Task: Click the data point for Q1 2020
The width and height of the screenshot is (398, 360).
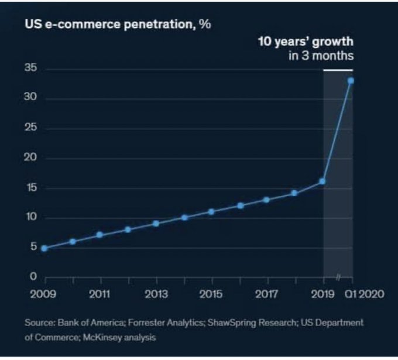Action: [x=351, y=81]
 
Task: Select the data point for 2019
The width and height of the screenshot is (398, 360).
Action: [x=322, y=181]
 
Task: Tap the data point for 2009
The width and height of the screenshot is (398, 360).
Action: [x=44, y=248]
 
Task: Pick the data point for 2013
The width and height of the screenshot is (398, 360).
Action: [x=156, y=224]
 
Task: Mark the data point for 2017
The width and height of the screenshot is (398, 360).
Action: [x=266, y=200]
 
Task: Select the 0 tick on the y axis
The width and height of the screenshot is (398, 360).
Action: [x=33, y=276]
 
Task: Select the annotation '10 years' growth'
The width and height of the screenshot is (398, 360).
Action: [x=306, y=43]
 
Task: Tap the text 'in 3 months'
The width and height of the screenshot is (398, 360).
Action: [x=320, y=56]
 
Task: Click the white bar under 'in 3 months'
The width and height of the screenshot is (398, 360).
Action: [x=338, y=70]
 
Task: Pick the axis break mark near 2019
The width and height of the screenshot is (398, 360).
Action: [x=338, y=276]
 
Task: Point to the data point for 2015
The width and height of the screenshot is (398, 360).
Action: [x=211, y=211]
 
